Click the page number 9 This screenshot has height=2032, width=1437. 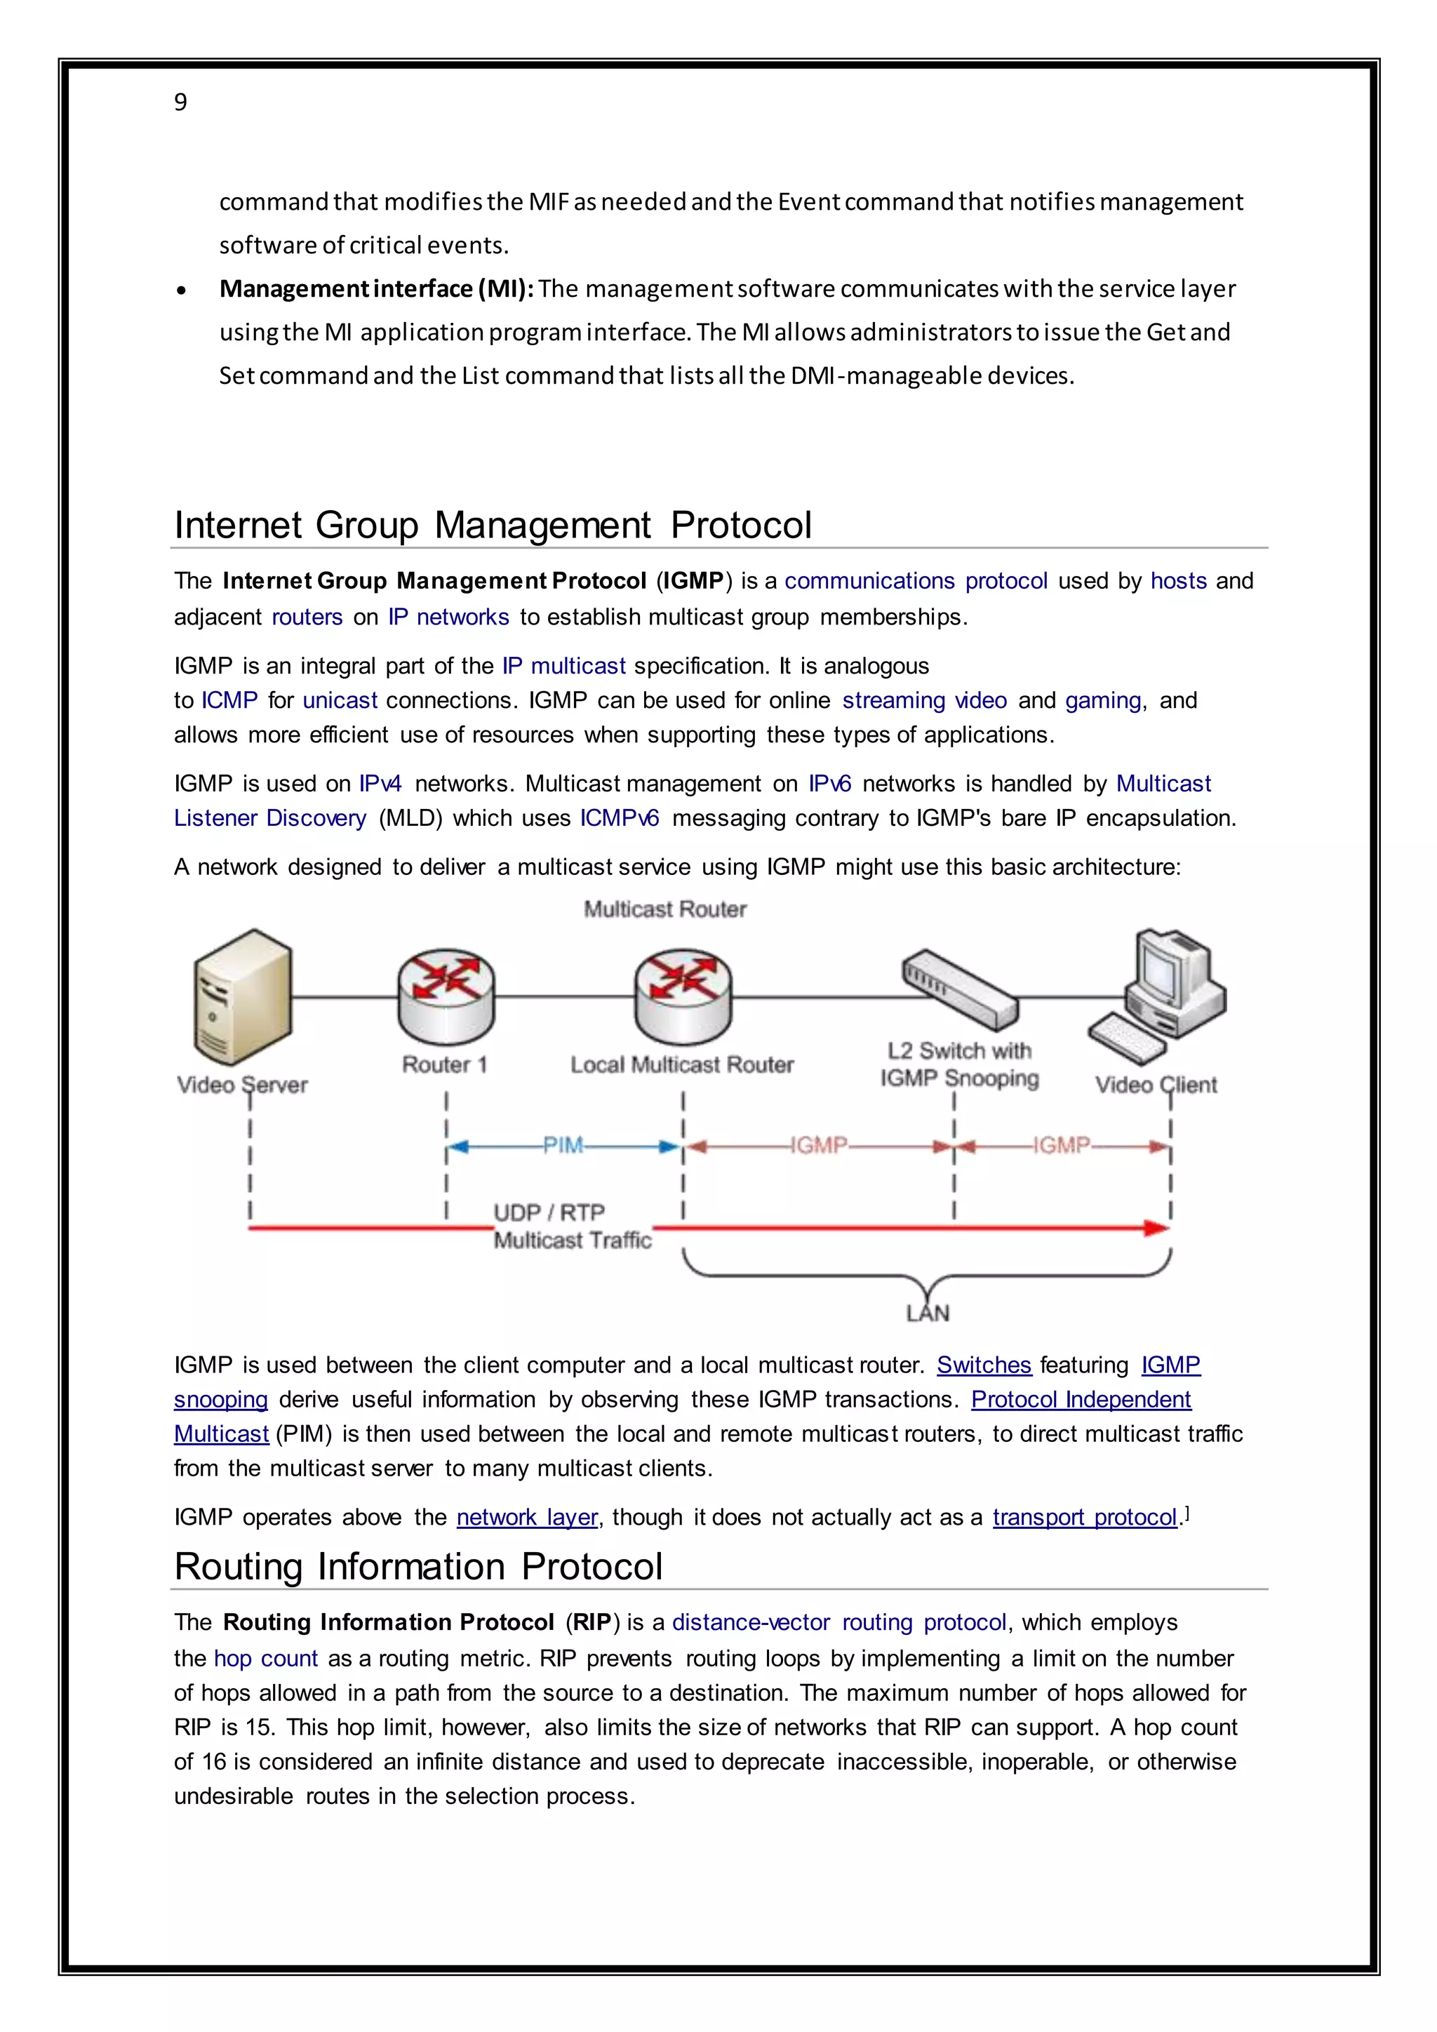pos(180,102)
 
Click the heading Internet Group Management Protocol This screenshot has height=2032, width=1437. pos(492,525)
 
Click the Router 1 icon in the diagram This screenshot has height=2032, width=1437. pos(445,998)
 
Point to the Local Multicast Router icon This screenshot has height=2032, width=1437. pos(682,998)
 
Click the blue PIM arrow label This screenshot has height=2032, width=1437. pos(563,1146)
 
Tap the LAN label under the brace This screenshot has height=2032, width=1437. pos(928,1314)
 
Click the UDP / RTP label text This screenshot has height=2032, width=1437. pos(549,1212)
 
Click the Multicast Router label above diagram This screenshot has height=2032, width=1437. pos(664,909)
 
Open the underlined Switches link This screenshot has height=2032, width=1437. pos(984,1365)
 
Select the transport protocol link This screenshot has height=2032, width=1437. pos(1084,1517)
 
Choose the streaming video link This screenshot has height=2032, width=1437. pos(924,700)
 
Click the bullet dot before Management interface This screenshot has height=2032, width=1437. pos(182,291)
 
